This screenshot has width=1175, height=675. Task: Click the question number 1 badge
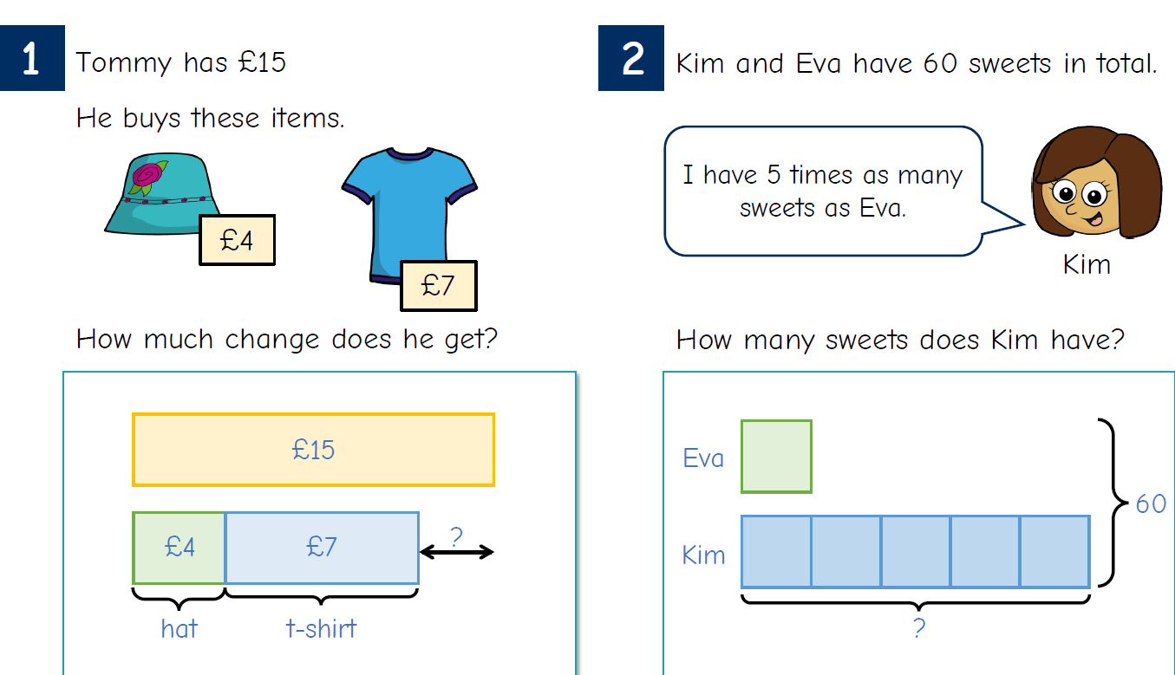(x=32, y=58)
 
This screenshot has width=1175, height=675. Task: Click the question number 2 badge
(x=631, y=58)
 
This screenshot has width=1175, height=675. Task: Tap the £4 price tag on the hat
(x=237, y=240)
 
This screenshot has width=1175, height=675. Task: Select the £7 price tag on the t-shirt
(x=439, y=286)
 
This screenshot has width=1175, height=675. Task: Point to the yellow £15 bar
(x=313, y=450)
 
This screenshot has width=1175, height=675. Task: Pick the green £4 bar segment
(x=179, y=548)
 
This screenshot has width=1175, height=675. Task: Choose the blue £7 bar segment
(x=322, y=548)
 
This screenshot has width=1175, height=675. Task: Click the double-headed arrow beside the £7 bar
(x=456, y=552)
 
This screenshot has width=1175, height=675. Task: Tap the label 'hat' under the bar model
(x=179, y=628)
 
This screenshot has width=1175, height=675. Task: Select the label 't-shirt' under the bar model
(x=321, y=628)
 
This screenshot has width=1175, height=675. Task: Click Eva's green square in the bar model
(x=776, y=457)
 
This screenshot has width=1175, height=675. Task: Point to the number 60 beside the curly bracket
(x=1151, y=503)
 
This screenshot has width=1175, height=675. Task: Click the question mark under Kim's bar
(x=919, y=628)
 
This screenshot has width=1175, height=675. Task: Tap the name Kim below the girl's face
(x=1087, y=264)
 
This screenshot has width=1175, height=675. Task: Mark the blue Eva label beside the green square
(x=703, y=458)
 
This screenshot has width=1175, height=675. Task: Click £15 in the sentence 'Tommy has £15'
(x=262, y=62)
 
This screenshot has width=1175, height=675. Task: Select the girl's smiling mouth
(x=1093, y=217)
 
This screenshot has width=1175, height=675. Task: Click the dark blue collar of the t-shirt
(x=409, y=153)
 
